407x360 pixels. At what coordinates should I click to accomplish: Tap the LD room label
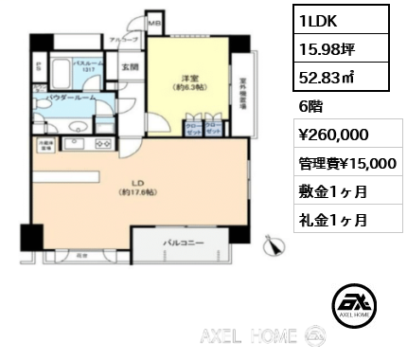pyautogui.click(x=137, y=182)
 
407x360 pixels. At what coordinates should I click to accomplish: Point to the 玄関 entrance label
pyautogui.click(x=129, y=69)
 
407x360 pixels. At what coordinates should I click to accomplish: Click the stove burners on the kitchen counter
pyautogui.click(x=101, y=145)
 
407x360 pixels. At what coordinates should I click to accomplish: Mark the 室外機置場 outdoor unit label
pyautogui.click(x=243, y=91)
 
